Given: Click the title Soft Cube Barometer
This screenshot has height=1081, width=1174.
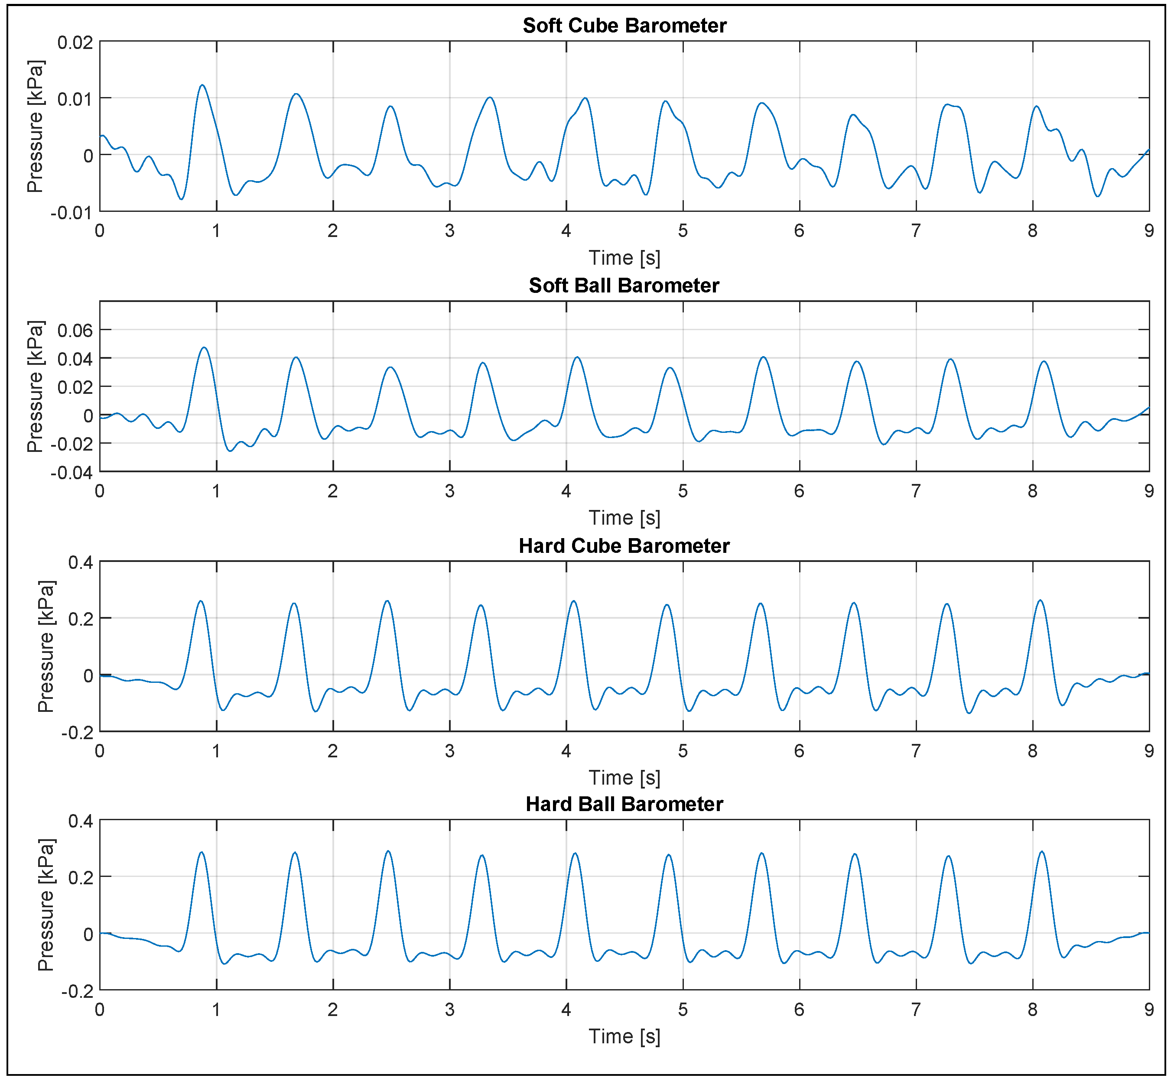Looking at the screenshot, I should pos(624,25).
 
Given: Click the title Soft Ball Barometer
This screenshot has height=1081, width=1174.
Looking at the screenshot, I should pos(624,286).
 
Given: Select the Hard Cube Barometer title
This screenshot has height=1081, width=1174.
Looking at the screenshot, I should pos(624,546).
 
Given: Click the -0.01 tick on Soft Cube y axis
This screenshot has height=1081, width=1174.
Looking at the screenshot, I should pos(72,213).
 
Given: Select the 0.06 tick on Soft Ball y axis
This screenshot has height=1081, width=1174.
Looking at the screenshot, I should pos(75,331).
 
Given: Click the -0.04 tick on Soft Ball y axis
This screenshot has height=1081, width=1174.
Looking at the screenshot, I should pos(72,473).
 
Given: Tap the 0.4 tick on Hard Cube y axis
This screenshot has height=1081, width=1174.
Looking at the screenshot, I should pos(80,563).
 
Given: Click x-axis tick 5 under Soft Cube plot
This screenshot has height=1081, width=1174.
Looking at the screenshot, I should pos(683,231).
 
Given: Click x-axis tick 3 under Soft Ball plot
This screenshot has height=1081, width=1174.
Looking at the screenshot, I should pos(449,491).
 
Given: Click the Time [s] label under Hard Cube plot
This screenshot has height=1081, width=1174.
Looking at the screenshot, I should pos(624,778).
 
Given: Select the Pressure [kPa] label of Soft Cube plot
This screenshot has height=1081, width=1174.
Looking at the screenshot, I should pos(35,127).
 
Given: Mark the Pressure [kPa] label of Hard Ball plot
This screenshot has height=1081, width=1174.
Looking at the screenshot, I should pos(46,906).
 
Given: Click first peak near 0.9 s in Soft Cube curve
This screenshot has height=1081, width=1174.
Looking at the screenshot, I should pos(202,85).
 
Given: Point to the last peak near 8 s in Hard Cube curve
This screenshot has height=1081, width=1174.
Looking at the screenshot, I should pos(1040,601).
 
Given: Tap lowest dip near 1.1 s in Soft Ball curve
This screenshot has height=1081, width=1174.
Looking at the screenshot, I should pos(230,451).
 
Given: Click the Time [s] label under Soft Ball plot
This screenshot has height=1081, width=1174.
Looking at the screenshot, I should pos(624,518).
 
